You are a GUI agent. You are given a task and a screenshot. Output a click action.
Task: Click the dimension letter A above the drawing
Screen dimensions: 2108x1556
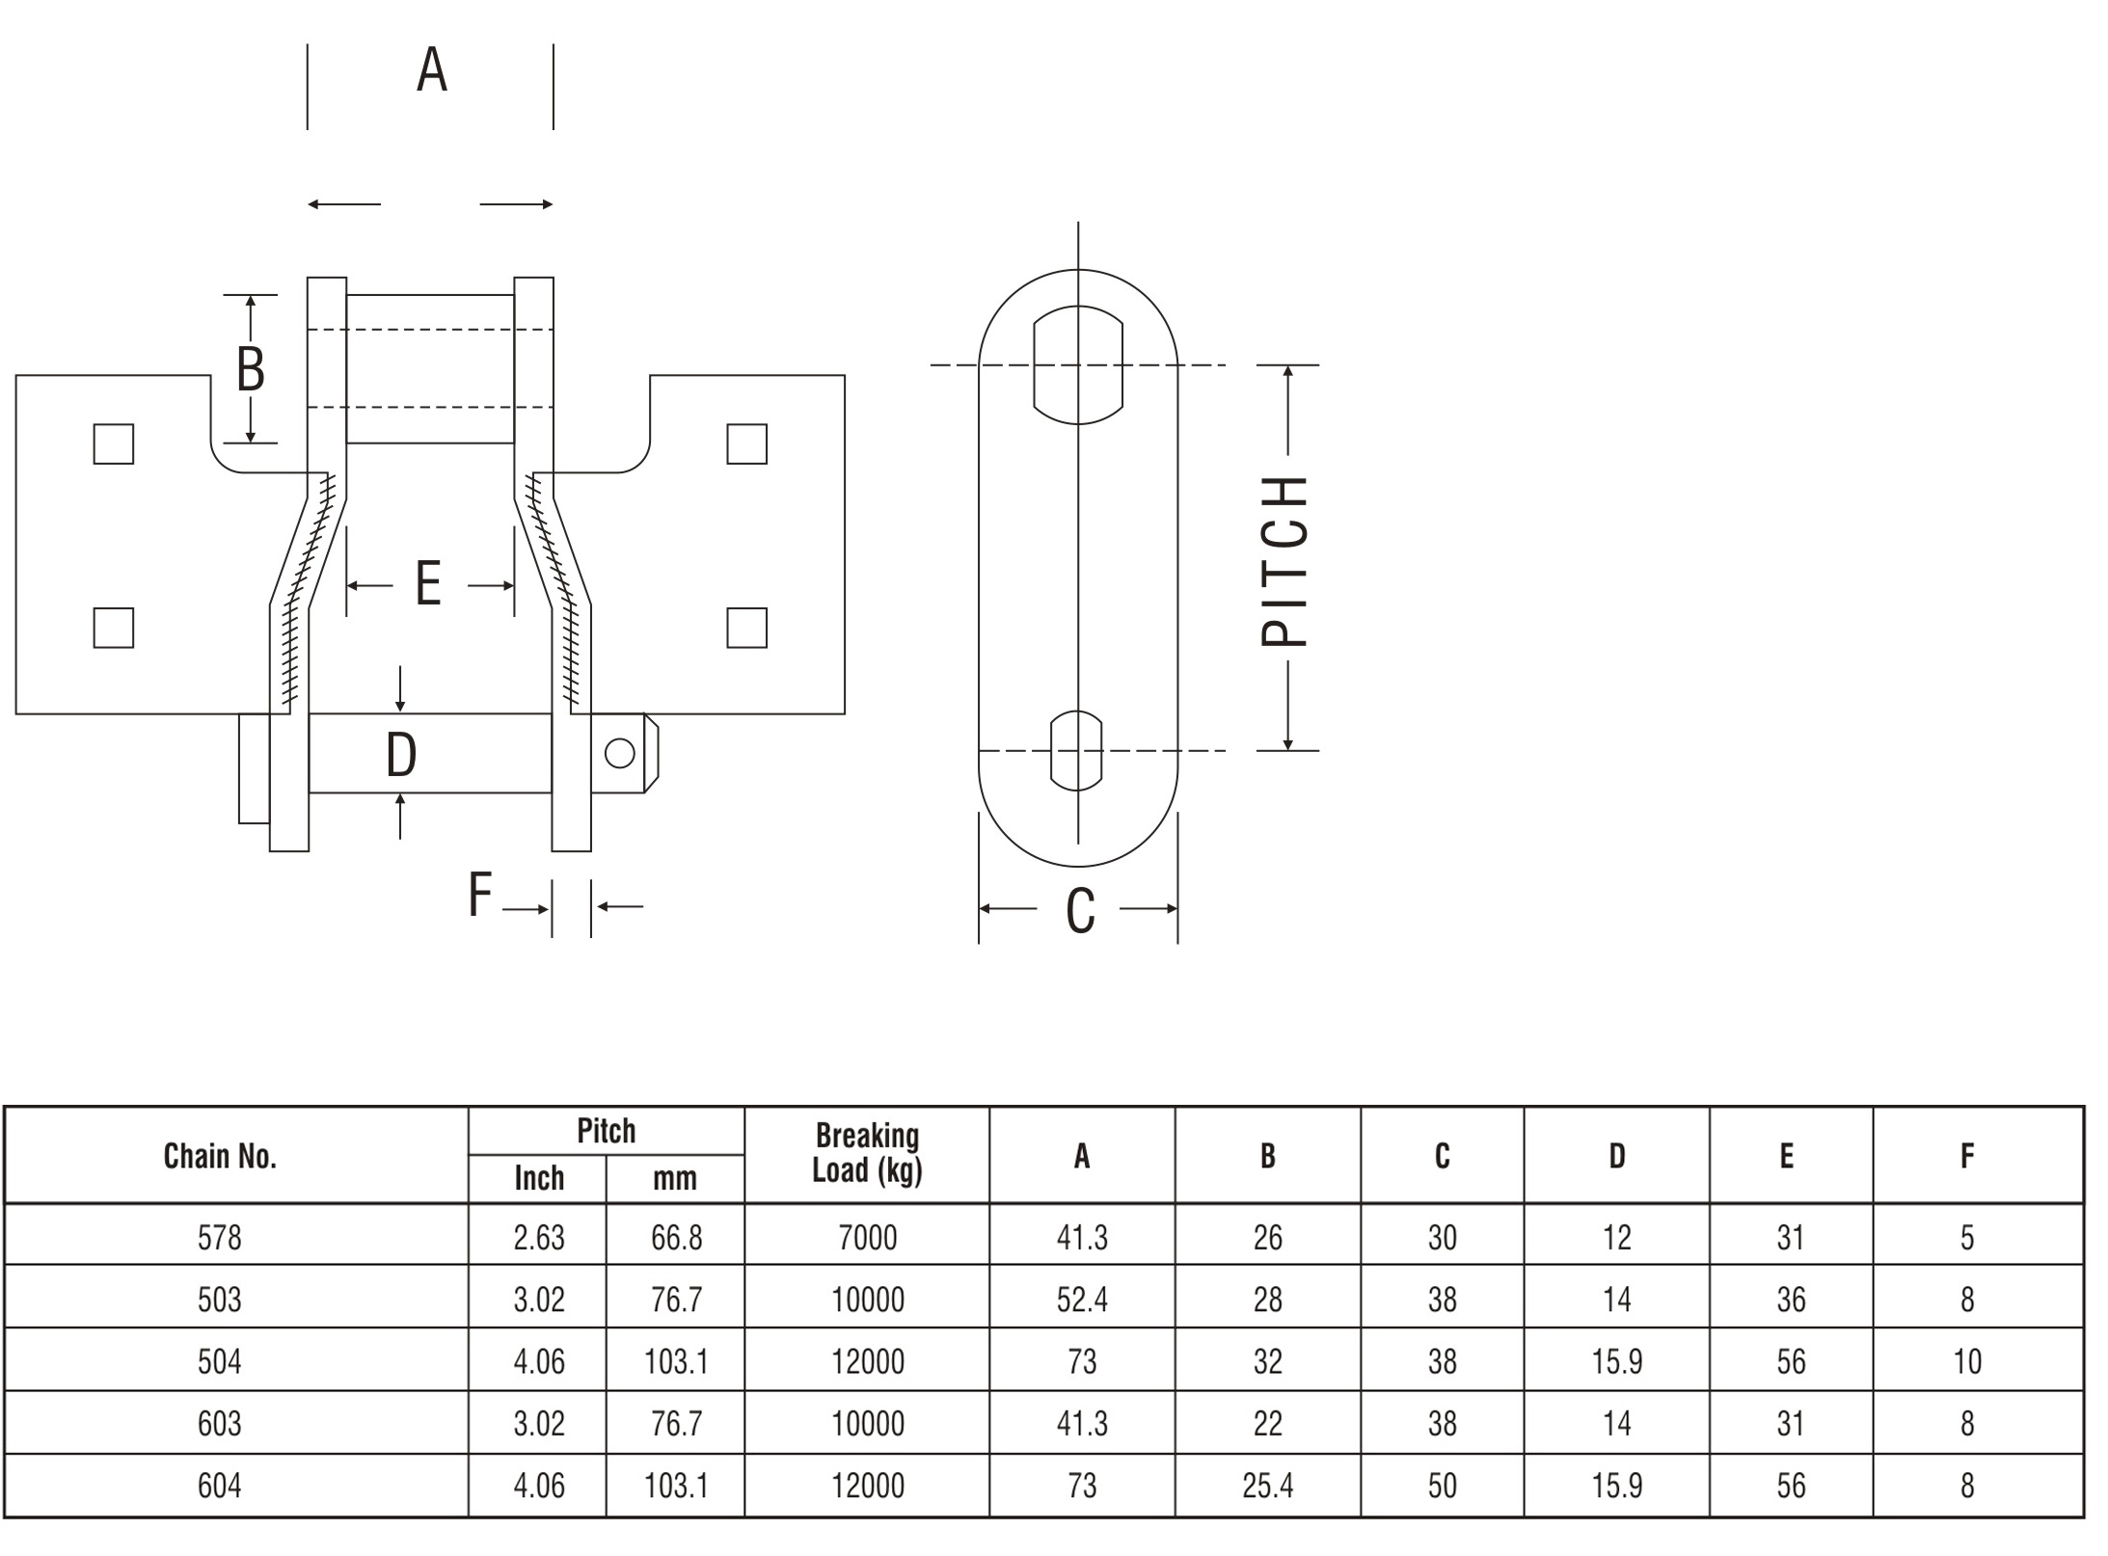point(432,70)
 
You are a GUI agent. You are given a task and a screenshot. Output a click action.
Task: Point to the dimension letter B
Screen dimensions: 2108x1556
point(251,368)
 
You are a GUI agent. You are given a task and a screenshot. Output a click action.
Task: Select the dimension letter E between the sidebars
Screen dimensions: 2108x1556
point(428,584)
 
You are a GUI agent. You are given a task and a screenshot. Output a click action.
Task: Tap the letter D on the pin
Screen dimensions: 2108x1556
point(401,754)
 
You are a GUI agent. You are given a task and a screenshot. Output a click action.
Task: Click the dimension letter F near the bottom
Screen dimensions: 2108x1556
point(480,894)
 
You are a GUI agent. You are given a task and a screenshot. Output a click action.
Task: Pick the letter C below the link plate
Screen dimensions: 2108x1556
point(1080,911)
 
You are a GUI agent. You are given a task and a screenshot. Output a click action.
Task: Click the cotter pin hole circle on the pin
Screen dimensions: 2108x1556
point(619,753)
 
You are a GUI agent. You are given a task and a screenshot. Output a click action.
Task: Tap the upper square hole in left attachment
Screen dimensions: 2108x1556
point(114,444)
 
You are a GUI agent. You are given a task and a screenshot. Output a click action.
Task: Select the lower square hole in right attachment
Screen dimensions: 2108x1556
point(746,628)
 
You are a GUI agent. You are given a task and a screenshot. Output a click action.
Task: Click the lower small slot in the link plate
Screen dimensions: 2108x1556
point(1075,751)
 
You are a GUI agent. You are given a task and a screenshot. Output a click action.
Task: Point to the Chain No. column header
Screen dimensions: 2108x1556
point(220,1156)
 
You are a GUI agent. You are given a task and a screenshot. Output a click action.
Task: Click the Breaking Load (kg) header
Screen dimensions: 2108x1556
point(867,1153)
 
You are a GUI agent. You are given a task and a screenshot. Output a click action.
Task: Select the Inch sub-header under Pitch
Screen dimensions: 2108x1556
point(539,1178)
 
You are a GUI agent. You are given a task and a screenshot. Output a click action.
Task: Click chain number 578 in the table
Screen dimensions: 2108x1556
point(220,1237)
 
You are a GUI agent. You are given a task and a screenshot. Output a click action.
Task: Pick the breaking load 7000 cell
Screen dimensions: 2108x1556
point(868,1237)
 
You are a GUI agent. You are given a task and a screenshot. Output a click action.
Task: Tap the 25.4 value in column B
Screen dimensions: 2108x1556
point(1268,1486)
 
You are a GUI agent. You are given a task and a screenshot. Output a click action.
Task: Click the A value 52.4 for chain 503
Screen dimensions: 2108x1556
point(1082,1300)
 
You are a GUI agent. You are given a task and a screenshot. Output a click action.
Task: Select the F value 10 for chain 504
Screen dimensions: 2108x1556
point(1967,1361)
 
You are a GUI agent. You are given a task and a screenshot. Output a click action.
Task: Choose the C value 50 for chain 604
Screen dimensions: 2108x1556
point(1443,1486)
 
